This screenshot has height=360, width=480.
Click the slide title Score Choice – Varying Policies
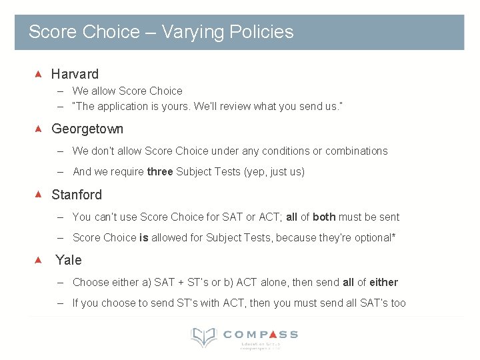coord(161,32)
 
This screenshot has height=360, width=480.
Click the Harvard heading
coord(75,74)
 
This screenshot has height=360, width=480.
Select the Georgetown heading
coord(87,129)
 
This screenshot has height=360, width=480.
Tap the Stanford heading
coord(77,195)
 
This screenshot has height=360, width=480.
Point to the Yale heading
coord(69,260)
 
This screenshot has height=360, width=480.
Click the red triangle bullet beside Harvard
coord(38,73)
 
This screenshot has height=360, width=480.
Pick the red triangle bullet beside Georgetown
coord(38,128)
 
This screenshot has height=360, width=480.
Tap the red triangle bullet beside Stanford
coord(38,194)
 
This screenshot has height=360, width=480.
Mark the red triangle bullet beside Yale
coord(38,259)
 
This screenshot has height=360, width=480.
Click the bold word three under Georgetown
coord(160,172)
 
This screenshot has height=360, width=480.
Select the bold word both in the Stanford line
coord(324,217)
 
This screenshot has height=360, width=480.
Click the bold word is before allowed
coord(143,237)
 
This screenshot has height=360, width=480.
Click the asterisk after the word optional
coord(394,236)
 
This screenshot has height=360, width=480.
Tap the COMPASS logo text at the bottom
coord(261,335)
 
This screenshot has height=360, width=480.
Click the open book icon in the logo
coord(203,337)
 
